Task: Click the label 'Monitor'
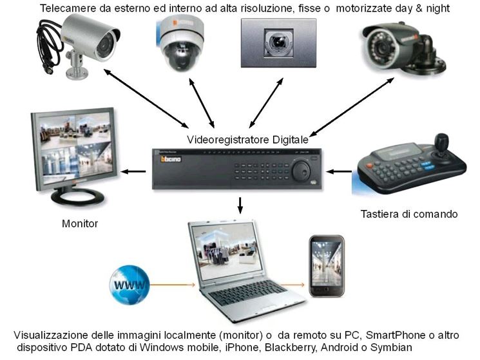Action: pos(80,224)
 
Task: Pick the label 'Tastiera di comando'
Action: pos(410,214)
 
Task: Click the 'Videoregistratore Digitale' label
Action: pos(247,138)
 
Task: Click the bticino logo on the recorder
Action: pos(167,158)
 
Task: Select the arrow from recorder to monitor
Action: pos(134,171)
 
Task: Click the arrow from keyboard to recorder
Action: pos(338,171)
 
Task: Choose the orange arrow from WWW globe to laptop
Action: pos(174,284)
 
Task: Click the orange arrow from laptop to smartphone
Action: pos(294,284)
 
